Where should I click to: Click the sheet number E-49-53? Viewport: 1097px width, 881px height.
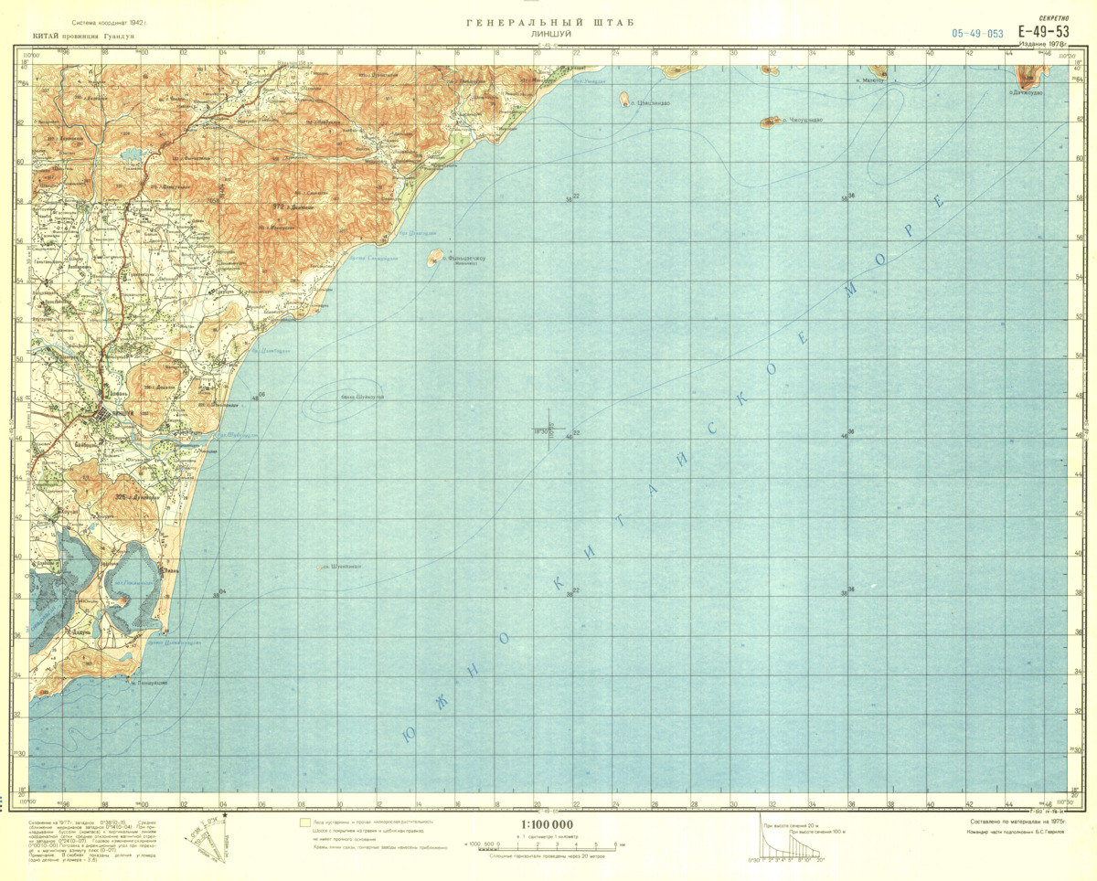[1044, 31]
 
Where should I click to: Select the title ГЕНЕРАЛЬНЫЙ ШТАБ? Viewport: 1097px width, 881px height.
[548, 23]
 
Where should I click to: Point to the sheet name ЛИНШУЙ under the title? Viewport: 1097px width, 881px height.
[548, 35]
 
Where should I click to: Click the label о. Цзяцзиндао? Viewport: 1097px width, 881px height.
[650, 103]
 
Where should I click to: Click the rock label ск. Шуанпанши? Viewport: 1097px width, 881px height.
[340, 567]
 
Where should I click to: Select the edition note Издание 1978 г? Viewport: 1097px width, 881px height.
[1045, 43]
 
